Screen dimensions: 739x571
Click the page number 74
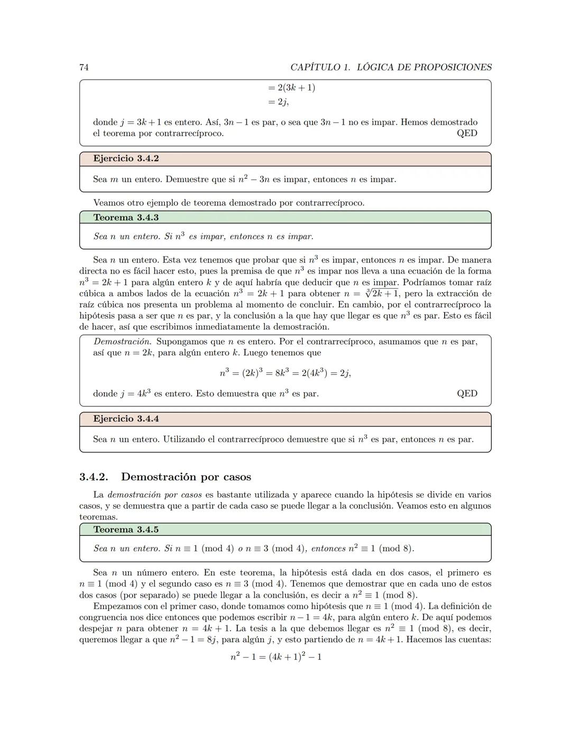84,67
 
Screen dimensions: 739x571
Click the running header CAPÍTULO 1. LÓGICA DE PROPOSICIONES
391,67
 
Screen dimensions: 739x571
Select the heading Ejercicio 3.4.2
126,159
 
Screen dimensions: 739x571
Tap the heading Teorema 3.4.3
126,217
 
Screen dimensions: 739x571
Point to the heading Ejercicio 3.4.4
126,419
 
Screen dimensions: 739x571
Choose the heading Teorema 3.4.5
126,530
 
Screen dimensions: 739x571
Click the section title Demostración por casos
186,477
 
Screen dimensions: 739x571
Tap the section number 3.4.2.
94,477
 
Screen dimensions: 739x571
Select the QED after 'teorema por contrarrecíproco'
467,133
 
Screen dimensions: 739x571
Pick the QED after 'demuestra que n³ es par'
467,394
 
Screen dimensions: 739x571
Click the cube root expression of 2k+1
382,294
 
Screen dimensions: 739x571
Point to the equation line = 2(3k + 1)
291,88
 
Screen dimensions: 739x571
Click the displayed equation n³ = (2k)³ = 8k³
285,373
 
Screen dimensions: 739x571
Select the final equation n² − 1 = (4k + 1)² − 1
276,657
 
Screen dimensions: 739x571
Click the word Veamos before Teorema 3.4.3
110,203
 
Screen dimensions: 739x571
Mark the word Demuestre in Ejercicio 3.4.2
187,179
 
